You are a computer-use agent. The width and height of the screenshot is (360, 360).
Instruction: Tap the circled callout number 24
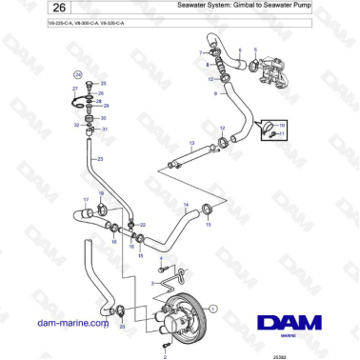tap(78, 72)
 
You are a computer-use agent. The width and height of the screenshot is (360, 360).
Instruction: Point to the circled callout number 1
tap(213, 308)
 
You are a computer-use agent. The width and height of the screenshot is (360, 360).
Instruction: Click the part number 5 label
tap(254, 49)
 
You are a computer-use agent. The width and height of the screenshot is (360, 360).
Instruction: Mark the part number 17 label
tap(86, 199)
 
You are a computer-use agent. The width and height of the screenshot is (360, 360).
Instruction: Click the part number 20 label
tap(122, 327)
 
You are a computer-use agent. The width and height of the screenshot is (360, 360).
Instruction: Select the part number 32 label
tap(77, 125)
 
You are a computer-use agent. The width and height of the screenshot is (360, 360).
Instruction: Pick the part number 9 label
tap(216, 95)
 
